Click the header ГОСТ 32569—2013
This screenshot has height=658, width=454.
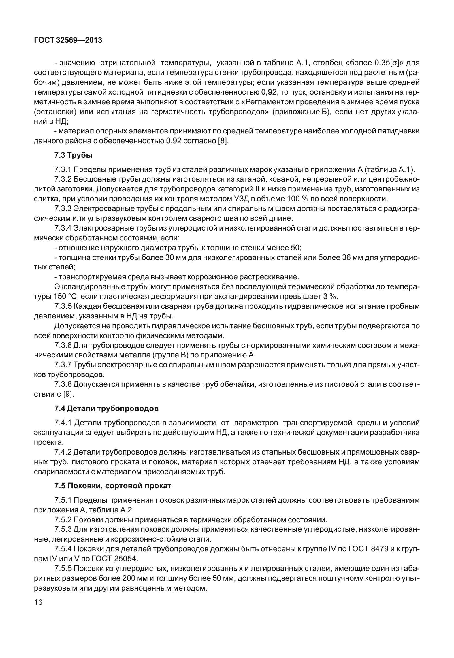68,40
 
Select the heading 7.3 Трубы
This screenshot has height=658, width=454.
74,156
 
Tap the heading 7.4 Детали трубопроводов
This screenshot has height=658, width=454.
106,408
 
